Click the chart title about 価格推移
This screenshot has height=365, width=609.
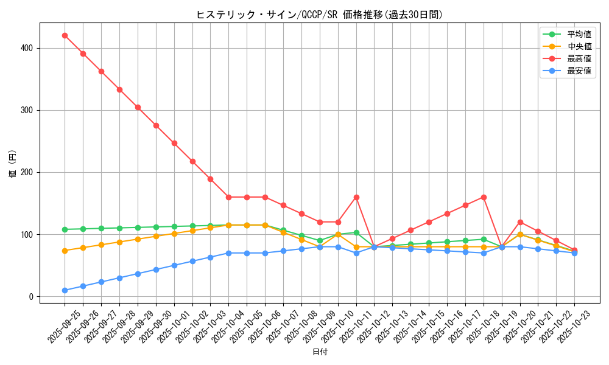click(x=319, y=15)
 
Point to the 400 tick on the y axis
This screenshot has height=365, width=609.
click(x=27, y=48)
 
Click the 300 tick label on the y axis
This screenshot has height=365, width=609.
click(x=27, y=110)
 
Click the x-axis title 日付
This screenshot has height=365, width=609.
click(x=320, y=352)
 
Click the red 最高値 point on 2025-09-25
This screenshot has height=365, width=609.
click(x=65, y=35)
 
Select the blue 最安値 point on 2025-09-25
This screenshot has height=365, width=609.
click(x=65, y=290)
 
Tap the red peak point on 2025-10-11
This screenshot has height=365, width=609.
click(x=356, y=197)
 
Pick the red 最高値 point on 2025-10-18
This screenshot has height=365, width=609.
click(x=484, y=197)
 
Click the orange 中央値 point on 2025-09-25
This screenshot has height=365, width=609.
click(x=65, y=251)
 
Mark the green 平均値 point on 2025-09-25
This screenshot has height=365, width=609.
click(x=65, y=229)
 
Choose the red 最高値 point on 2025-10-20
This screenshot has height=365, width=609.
click(x=520, y=222)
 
